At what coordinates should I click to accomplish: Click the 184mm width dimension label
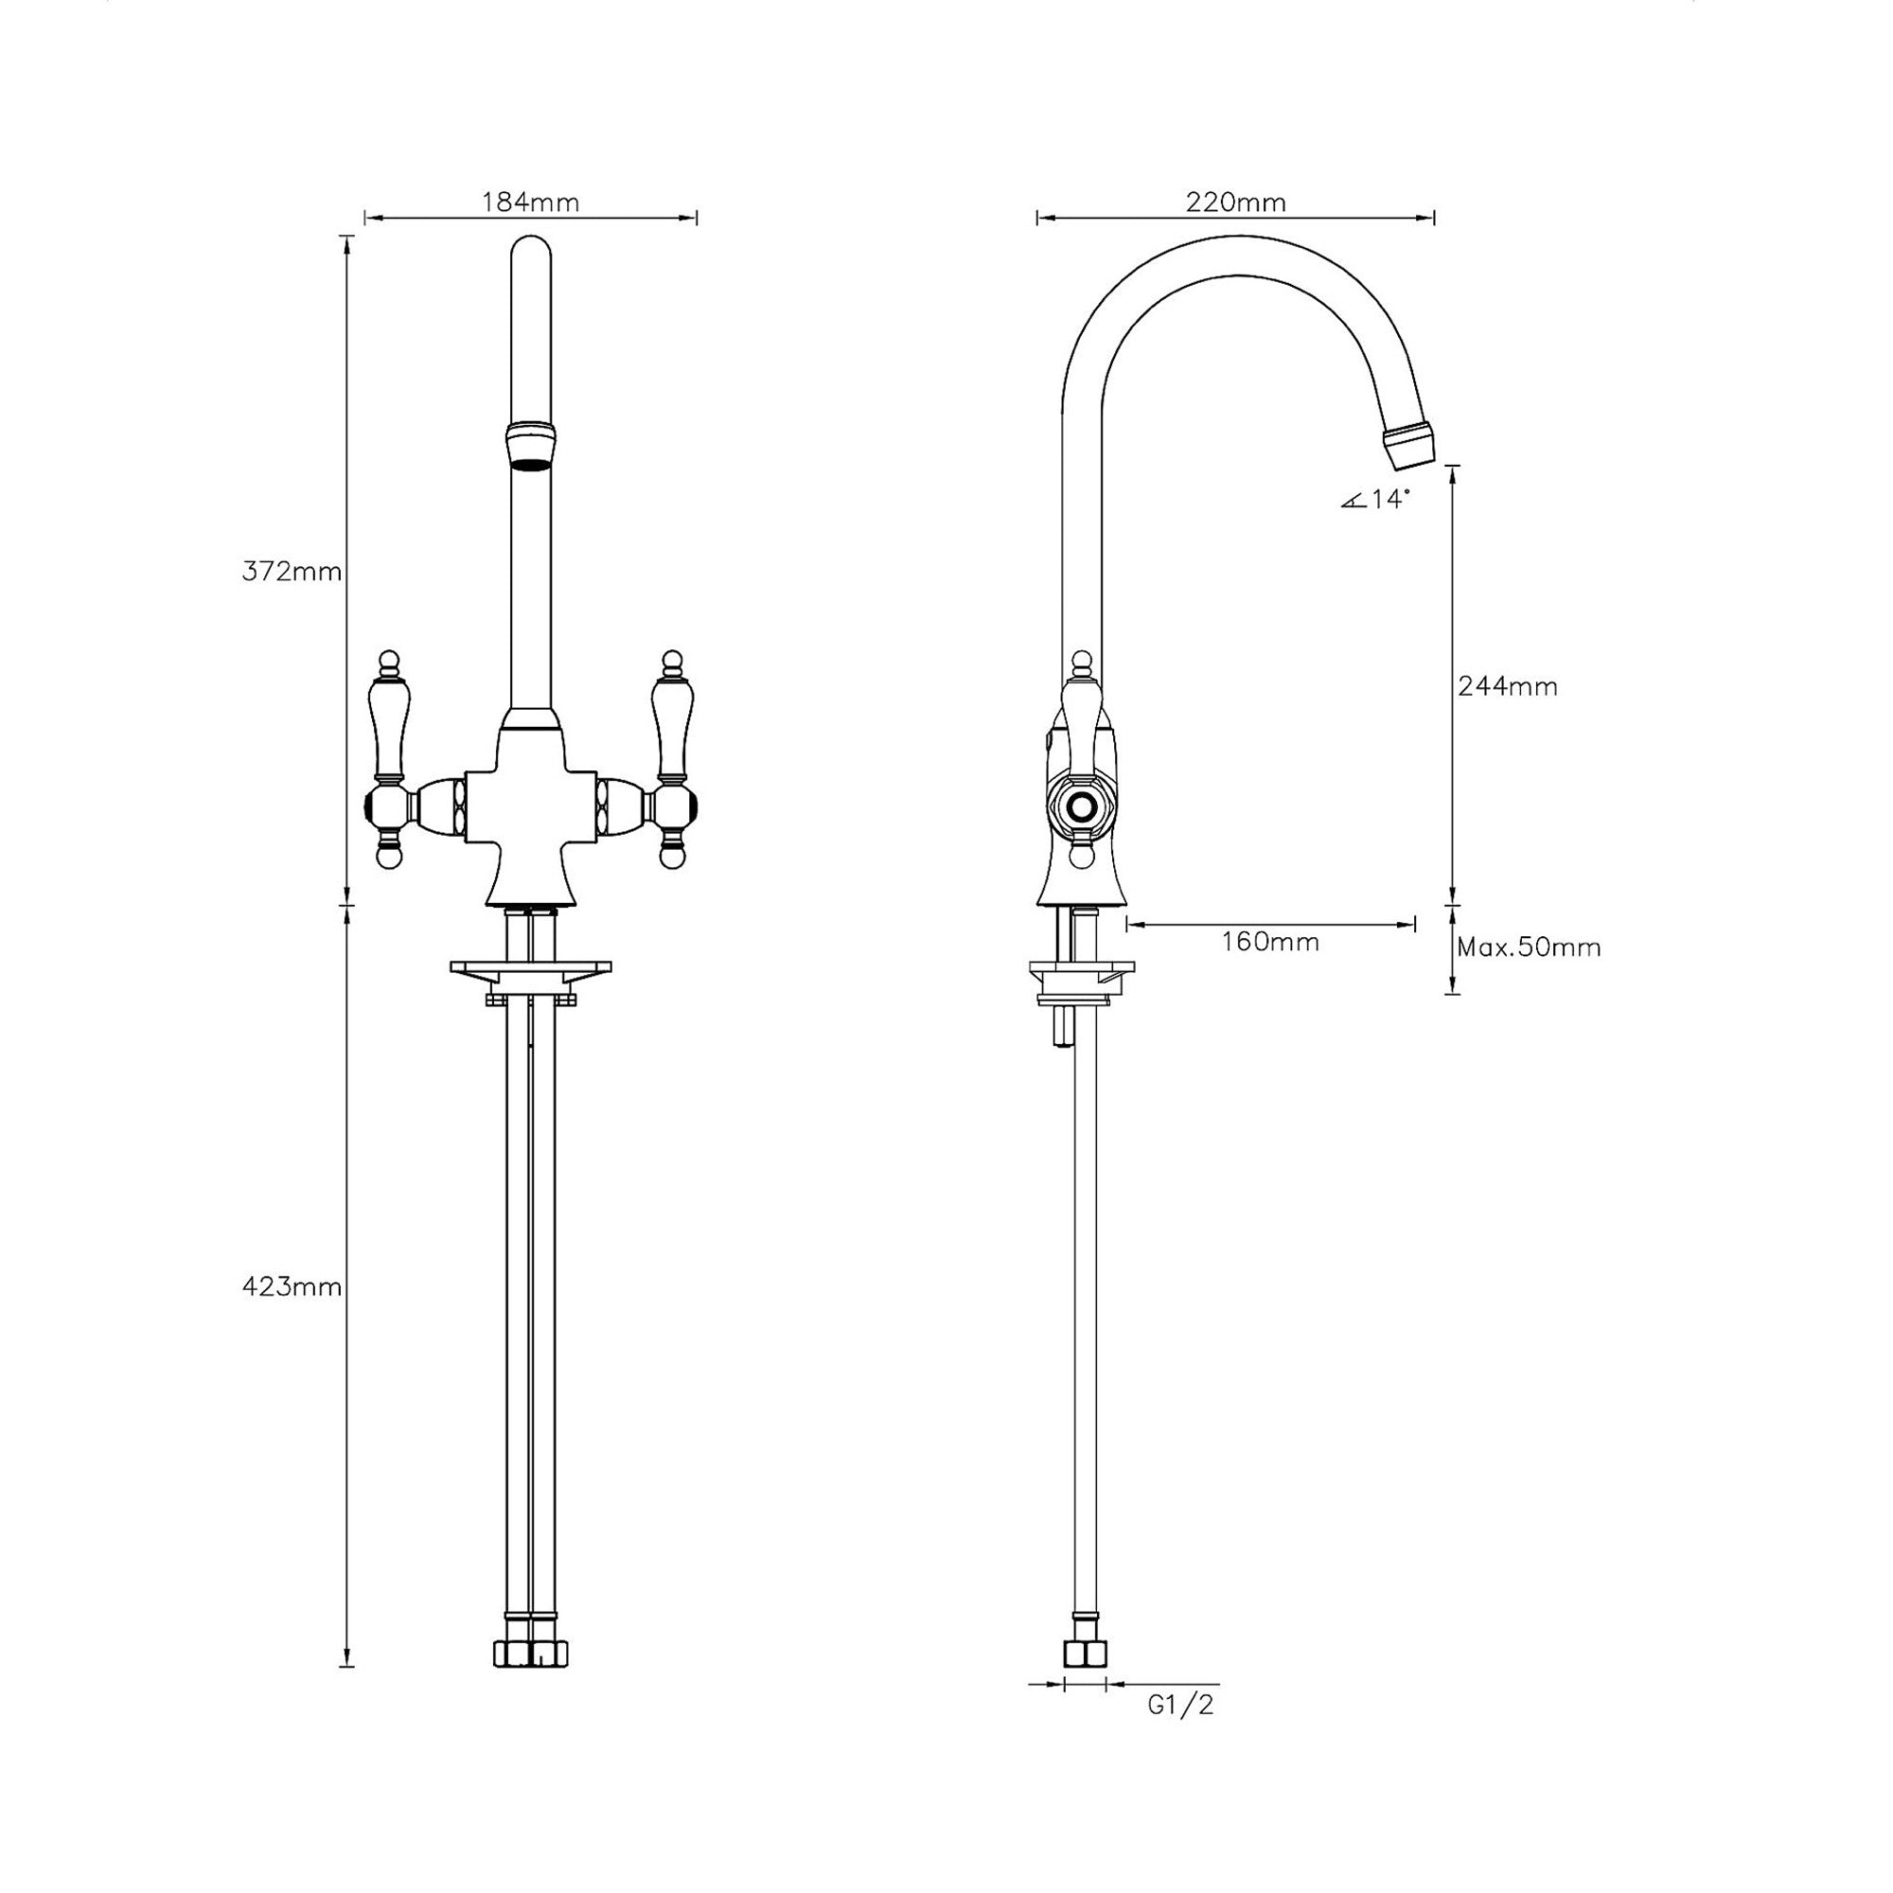click(x=530, y=202)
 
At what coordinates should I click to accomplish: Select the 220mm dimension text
click(x=1234, y=202)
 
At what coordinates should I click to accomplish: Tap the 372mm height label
click(x=291, y=572)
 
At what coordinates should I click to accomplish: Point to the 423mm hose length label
click(x=291, y=1286)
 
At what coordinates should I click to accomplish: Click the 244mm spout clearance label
click(x=1507, y=686)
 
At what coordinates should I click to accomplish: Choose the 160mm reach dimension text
click(x=1270, y=942)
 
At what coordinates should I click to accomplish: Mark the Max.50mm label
click(x=1528, y=947)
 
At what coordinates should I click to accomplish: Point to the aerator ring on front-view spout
click(x=530, y=446)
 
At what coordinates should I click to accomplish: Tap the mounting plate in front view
click(x=530, y=968)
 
